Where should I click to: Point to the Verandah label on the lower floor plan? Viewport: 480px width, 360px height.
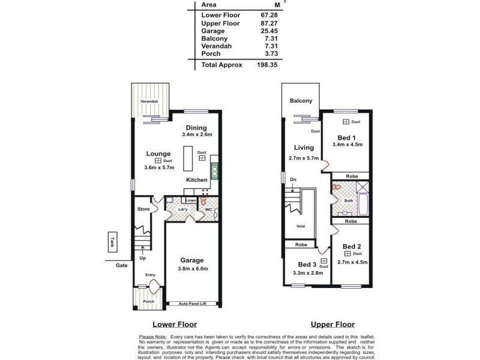[149, 102]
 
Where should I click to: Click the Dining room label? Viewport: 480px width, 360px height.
[196, 128]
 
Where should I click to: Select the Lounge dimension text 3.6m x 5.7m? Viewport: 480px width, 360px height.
[159, 168]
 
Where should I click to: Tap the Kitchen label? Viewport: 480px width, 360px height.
[197, 180]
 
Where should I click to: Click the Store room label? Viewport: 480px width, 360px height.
[143, 209]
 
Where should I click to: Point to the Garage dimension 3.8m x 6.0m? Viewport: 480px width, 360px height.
[194, 269]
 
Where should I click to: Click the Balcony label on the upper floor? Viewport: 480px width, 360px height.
[301, 101]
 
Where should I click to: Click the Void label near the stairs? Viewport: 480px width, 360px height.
[301, 227]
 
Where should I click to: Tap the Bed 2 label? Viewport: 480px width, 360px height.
[352, 247]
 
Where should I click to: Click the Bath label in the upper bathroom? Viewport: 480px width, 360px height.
[349, 201]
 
